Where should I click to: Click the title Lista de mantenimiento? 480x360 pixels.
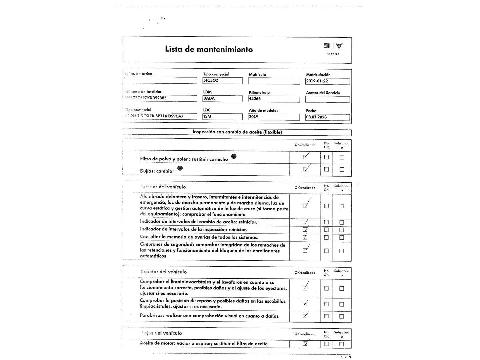pyautogui.click(x=209, y=49)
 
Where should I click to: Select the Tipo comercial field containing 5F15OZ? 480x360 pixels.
pyautogui.click(x=222, y=81)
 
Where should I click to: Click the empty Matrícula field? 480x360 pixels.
pyautogui.click(x=274, y=81)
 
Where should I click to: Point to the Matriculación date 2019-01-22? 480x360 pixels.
pyautogui.click(x=327, y=81)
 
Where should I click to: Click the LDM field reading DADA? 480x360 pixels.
pyautogui.click(x=222, y=99)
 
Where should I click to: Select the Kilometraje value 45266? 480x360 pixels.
pyautogui.click(x=274, y=99)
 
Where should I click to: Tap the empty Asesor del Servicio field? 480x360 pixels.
pyautogui.click(x=327, y=99)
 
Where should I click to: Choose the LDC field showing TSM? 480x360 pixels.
pyautogui.click(x=222, y=117)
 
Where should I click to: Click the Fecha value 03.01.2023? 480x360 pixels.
pyautogui.click(x=327, y=117)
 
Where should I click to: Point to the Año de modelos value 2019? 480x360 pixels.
pyautogui.click(x=274, y=117)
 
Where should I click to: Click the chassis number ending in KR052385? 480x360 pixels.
pyautogui.click(x=161, y=98)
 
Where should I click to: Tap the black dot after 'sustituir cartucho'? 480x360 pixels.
pyautogui.click(x=234, y=156)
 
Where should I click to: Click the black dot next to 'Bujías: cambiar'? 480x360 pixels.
pyautogui.click(x=180, y=168)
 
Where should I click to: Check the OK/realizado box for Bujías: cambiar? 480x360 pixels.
pyautogui.click(x=305, y=169)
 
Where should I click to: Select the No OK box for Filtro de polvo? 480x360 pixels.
pyautogui.click(x=326, y=157)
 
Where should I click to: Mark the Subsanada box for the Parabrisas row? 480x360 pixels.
pyautogui.click(x=342, y=316)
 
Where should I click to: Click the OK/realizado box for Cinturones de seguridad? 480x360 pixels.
pyautogui.click(x=305, y=251)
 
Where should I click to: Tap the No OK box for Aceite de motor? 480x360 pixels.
pyautogui.click(x=326, y=344)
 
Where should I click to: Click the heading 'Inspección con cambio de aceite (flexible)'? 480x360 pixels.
pyautogui.click(x=237, y=132)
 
